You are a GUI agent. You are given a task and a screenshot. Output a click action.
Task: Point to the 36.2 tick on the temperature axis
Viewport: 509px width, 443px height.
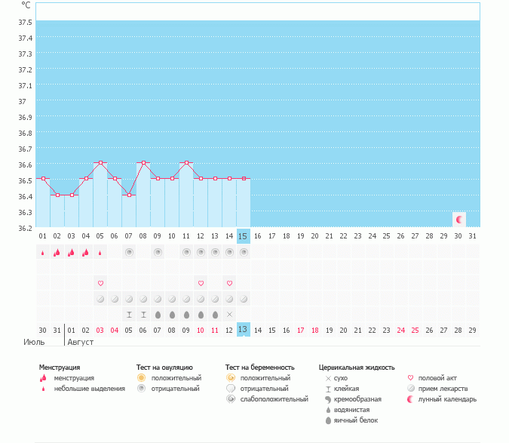click(x=26, y=228)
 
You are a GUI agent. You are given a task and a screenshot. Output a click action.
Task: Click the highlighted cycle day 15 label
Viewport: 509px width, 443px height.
click(x=243, y=236)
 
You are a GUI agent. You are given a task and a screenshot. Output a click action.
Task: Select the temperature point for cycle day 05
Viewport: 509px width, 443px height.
click(x=100, y=163)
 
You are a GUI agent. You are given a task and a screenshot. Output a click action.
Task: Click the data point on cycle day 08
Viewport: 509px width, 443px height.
click(x=143, y=163)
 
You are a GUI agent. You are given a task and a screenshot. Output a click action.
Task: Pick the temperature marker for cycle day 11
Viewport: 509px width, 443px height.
click(x=186, y=163)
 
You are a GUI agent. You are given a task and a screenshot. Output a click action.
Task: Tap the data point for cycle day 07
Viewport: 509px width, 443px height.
click(x=129, y=195)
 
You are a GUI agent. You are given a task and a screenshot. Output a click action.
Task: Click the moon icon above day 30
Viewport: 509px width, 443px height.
click(x=458, y=220)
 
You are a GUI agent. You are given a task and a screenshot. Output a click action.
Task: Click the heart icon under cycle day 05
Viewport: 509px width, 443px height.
click(x=100, y=283)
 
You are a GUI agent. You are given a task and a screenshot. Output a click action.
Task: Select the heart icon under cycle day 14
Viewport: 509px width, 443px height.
click(x=229, y=283)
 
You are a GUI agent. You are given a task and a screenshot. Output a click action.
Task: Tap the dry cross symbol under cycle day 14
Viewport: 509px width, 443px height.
click(x=229, y=314)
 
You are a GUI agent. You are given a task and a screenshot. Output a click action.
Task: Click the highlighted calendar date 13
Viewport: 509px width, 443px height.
click(x=243, y=330)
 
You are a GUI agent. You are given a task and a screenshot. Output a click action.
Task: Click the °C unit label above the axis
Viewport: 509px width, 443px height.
click(x=26, y=5)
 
